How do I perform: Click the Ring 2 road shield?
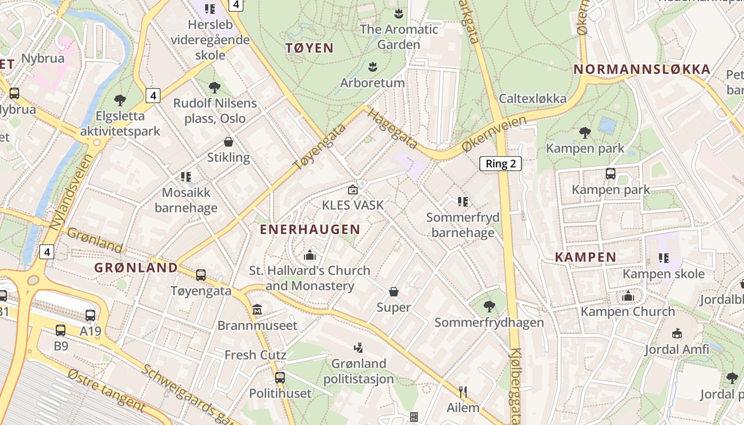[x=501, y=164]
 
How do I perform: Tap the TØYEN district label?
[x=310, y=48]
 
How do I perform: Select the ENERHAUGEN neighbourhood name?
[x=310, y=229]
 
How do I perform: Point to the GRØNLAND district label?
[x=136, y=268]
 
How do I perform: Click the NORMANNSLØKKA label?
[x=642, y=69]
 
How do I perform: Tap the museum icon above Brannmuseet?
[x=257, y=309]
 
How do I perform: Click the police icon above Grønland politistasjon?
[x=359, y=348]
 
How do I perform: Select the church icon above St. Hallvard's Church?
[x=310, y=255]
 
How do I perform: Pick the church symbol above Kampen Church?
[x=628, y=296]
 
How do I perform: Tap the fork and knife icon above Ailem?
[x=463, y=392]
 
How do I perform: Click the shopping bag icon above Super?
[x=394, y=292]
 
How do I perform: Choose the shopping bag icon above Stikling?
[x=229, y=142]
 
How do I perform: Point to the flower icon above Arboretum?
[x=373, y=67]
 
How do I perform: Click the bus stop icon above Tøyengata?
[x=201, y=275]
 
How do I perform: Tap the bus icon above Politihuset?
[x=280, y=378]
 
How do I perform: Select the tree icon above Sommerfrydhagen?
[x=489, y=307]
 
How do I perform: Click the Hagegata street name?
[x=392, y=130]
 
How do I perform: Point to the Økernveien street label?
[x=494, y=134]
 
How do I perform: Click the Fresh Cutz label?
[x=256, y=355]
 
